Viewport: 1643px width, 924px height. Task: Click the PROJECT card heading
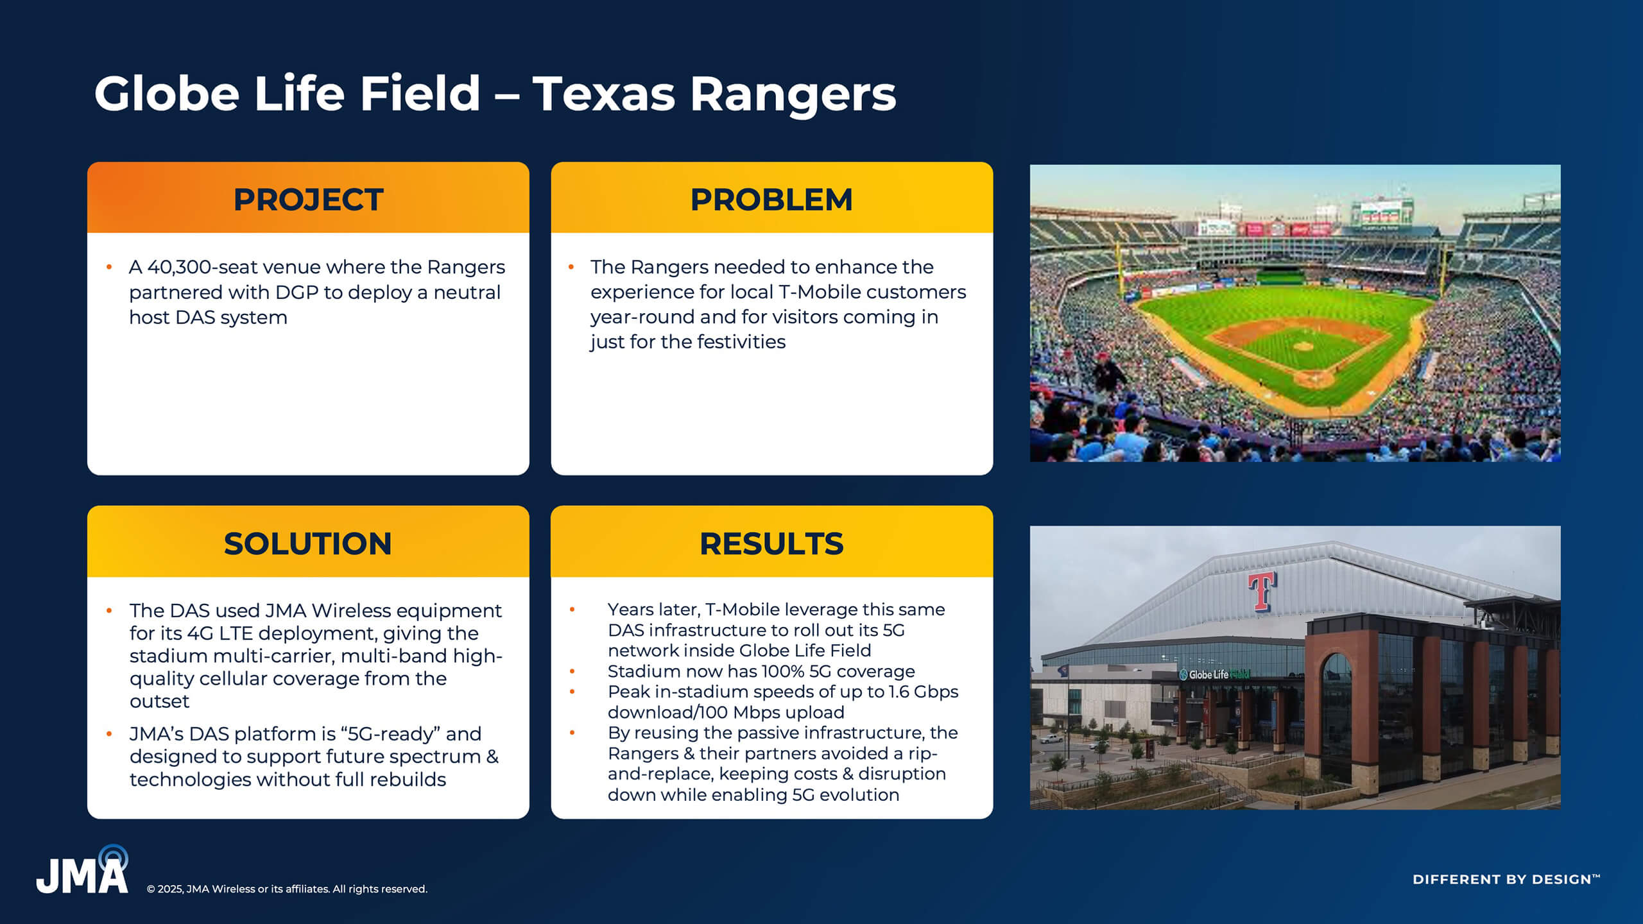(308, 200)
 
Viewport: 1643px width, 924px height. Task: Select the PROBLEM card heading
(771, 200)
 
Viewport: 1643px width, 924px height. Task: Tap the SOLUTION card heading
(308, 543)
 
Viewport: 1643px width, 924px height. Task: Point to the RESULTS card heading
(771, 543)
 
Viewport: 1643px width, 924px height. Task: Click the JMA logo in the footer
(82, 870)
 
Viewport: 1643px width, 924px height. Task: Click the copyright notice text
(287, 889)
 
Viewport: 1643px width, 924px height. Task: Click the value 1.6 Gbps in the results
(923, 692)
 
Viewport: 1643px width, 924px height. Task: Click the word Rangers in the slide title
(793, 94)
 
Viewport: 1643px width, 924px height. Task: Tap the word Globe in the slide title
(167, 94)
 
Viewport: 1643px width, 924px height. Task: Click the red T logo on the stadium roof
(1262, 591)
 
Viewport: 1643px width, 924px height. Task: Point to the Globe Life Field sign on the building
(1215, 674)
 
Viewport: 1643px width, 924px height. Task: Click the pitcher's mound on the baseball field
(1303, 346)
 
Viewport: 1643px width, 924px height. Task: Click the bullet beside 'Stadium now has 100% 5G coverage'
(572, 671)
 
